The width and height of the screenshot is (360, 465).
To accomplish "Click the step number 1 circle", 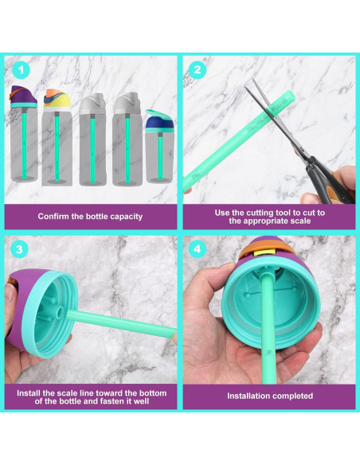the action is point(21,70).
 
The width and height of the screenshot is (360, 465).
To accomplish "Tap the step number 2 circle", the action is point(198,70).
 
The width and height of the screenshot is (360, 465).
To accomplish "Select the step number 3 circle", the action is point(19,249).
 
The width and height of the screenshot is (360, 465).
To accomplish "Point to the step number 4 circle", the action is point(198,249).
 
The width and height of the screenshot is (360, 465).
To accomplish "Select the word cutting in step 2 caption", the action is point(260,213).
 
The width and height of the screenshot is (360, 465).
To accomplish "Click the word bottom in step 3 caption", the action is point(153,393).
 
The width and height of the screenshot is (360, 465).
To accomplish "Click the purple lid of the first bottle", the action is point(23,95).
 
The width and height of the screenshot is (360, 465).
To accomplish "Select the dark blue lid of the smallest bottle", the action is point(158,122).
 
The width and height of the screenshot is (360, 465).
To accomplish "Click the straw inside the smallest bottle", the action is point(160,157).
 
